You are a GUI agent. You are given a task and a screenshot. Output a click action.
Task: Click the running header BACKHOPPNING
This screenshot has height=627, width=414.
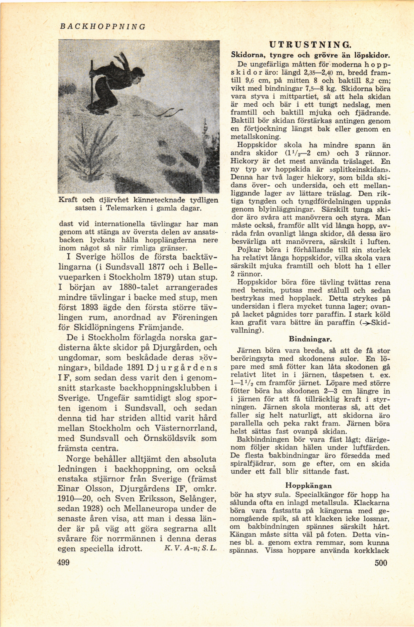coord(102,27)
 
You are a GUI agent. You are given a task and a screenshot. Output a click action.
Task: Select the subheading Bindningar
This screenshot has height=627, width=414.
coord(310,339)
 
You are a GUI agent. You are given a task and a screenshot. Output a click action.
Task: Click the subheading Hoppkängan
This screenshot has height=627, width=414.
coord(309,486)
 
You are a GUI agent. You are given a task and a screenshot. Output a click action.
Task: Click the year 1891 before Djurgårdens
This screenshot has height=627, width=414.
coord(136,368)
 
